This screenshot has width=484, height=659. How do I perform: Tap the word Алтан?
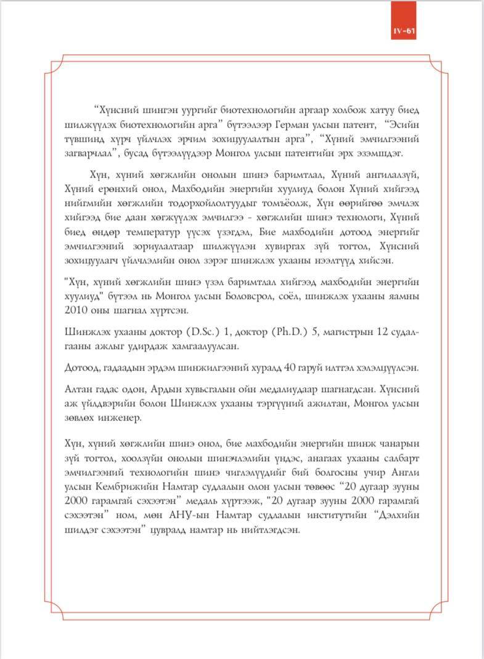79,391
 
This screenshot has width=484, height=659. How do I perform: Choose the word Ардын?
166,391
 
